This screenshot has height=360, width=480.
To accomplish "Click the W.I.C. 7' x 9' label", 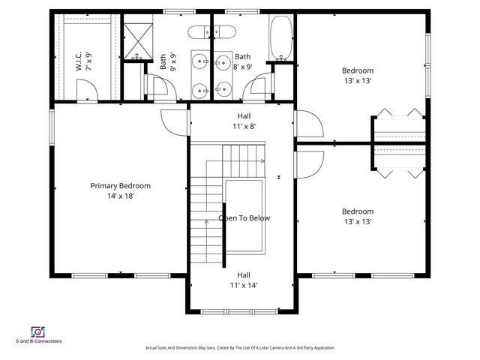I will [x=82, y=61].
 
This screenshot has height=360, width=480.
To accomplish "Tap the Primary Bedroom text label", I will [x=121, y=191].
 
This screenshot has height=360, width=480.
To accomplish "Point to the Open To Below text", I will [x=244, y=218].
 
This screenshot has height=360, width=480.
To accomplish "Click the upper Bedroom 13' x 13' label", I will [x=357, y=76].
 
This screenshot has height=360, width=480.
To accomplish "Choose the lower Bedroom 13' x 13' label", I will [x=357, y=216].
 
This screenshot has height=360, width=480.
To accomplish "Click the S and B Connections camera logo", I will [x=37, y=331].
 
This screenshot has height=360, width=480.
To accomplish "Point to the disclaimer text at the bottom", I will [x=239, y=348].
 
